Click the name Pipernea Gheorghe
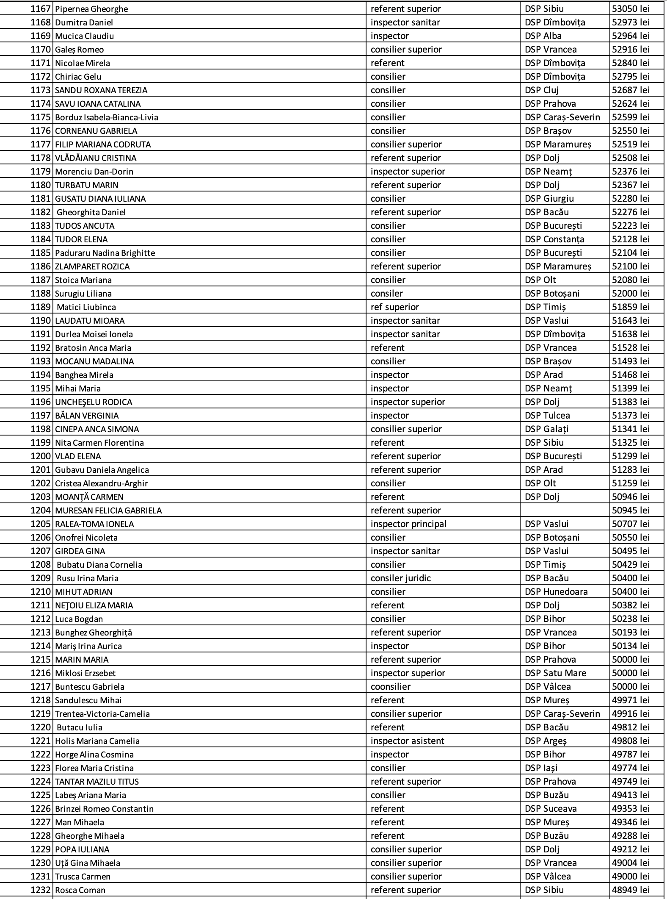pos(91,9)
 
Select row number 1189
pos(41,307)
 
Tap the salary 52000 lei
pos(631,294)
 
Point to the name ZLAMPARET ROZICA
pos(92,266)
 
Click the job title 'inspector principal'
pos(408,524)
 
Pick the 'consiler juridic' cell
pos(401,578)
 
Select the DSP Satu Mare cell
pos(555,673)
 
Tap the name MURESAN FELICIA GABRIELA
pos(108,511)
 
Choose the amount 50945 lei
pos(631,511)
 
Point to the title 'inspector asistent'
pos(408,741)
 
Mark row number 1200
pos(41,456)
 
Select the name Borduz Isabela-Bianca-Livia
pos(107,117)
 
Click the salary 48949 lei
pos(631,890)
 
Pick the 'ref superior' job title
pos(395,307)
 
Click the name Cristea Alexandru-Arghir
pos(102,483)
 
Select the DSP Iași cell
pos(541,768)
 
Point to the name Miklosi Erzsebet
pos(85,673)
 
